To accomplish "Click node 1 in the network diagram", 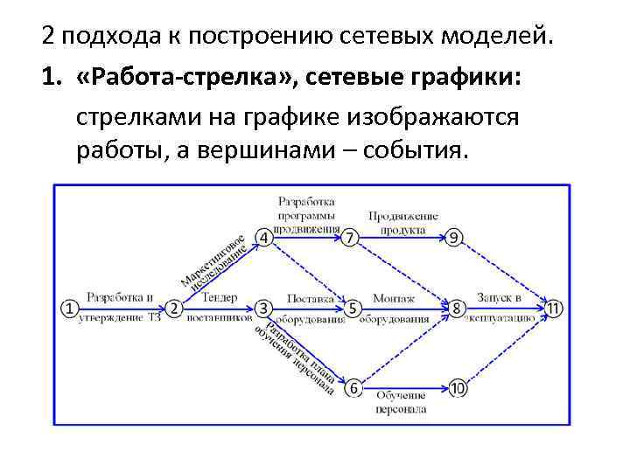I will [x=70, y=309].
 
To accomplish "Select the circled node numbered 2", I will [x=174, y=309].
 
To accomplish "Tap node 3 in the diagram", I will [x=263, y=309].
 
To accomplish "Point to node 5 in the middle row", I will [x=353, y=309].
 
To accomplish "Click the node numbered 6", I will [x=353, y=387].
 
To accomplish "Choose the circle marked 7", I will [x=351, y=238].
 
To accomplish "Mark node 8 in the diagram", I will [x=456, y=309].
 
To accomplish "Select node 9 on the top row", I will [x=454, y=238].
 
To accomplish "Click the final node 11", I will [x=554, y=309].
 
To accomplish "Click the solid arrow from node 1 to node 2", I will [x=122, y=309].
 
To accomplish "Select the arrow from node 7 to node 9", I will [x=402, y=238].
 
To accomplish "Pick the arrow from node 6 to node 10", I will [x=404, y=387].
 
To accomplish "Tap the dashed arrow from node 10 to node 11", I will [x=506, y=348].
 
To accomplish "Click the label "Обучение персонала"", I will [x=402, y=403].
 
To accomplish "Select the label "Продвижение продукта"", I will [x=402, y=223].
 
